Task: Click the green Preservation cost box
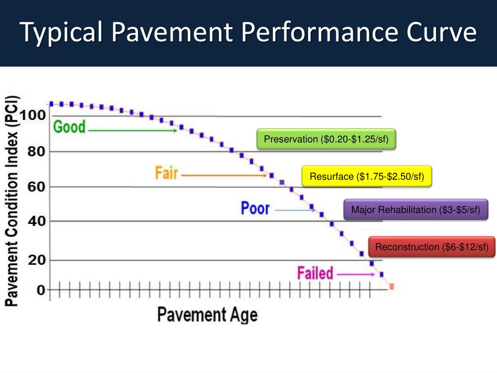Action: tap(326, 140)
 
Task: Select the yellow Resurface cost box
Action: tap(367, 176)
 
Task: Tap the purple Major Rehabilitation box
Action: tap(415, 210)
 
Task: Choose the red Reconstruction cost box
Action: tap(431, 247)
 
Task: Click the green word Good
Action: tap(69, 127)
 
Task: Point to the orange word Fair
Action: tap(166, 173)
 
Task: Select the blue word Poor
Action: tap(255, 208)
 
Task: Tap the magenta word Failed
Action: tap(315, 273)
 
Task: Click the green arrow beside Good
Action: tap(133, 130)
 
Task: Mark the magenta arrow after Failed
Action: tap(356, 275)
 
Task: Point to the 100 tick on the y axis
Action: tap(33, 116)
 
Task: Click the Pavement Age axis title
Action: tap(207, 315)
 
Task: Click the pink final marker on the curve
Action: tap(391, 287)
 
